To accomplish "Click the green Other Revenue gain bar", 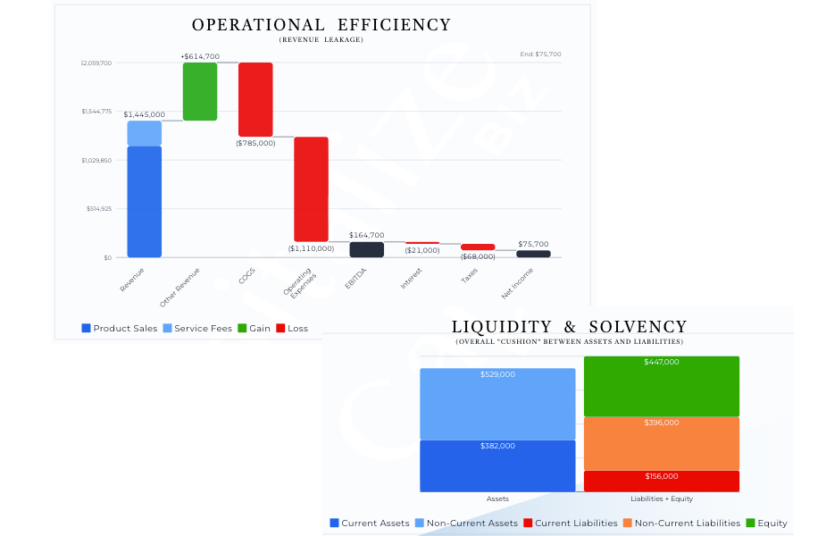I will (x=200, y=91).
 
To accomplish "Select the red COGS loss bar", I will (x=255, y=99).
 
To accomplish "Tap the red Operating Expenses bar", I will (x=312, y=188).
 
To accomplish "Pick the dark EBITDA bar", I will (x=366, y=249).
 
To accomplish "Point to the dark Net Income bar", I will (x=533, y=254).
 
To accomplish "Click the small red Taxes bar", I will (x=478, y=247).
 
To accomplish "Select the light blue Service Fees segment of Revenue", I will (x=145, y=133).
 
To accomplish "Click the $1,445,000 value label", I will (x=144, y=114).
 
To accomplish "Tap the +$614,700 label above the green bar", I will (x=200, y=56).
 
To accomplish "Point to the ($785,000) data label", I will (x=255, y=143).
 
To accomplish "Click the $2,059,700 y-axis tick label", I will (x=96, y=63).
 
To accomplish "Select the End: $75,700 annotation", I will (x=540, y=54).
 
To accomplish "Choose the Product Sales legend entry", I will (x=119, y=329).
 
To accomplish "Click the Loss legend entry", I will (x=292, y=329).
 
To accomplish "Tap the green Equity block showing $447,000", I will (x=661, y=386).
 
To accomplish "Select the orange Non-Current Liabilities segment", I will (x=661, y=443).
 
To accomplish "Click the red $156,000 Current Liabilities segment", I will (x=661, y=482).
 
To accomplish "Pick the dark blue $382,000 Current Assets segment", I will (x=497, y=465).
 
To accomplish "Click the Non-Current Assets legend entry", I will (x=465, y=523).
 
